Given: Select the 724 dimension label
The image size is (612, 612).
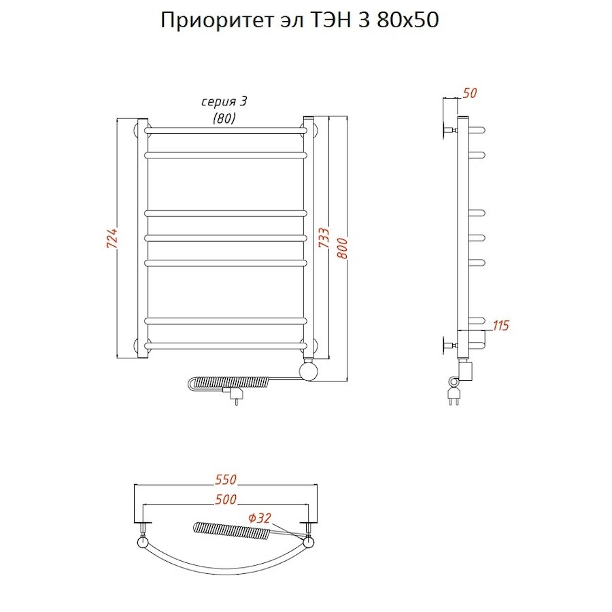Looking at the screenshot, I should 112,239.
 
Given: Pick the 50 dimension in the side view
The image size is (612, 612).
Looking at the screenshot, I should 468,94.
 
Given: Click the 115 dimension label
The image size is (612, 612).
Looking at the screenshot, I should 500,326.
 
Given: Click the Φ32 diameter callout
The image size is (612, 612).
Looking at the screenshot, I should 260,518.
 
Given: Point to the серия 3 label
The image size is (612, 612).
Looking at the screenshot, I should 224,101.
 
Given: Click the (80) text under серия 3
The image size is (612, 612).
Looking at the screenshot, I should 224,118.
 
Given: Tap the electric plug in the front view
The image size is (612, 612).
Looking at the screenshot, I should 236,394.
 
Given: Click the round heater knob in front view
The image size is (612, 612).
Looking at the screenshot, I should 309,371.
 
